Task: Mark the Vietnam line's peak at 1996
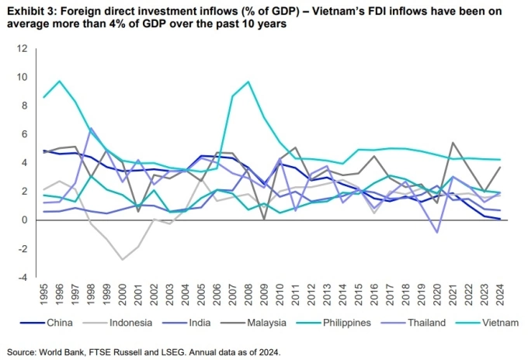tap(60, 81)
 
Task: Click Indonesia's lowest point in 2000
tap(123, 259)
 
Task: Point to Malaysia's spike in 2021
tap(452, 143)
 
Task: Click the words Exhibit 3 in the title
tap(27, 10)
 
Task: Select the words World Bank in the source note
tap(57, 351)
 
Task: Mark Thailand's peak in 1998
tap(91, 128)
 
